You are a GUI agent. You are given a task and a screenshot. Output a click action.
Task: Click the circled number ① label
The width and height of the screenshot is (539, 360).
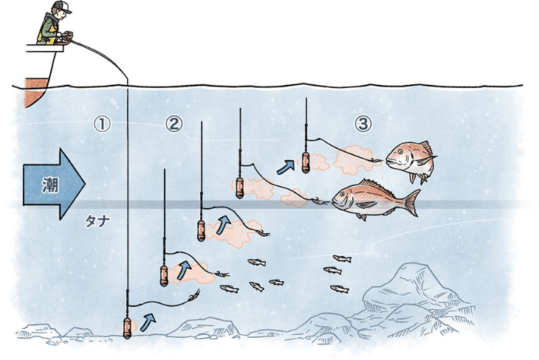tap(102, 124)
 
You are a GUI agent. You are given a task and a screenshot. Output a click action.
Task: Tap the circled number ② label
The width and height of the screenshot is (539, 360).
tap(174, 124)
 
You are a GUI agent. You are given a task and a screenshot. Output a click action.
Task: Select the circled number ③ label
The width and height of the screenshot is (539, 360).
tap(363, 124)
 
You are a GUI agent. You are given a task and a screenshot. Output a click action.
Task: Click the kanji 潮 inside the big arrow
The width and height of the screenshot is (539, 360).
tap(50, 185)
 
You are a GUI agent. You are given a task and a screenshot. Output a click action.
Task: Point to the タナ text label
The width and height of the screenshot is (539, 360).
tap(97, 222)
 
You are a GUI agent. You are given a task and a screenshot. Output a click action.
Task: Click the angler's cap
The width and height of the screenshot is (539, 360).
tap(61, 6)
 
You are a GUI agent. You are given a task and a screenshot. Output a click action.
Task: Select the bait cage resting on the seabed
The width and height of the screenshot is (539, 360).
tap(127, 328)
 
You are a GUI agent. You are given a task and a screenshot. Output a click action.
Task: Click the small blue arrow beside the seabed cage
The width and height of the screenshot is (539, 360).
tap(148, 322)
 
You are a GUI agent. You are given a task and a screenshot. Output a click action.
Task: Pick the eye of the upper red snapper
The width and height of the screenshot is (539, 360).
tap(400, 151)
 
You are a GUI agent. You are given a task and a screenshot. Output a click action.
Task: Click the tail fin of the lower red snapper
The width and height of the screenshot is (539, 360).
tap(412, 203)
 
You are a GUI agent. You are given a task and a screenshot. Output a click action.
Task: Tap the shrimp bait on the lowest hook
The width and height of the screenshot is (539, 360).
tap(194, 295)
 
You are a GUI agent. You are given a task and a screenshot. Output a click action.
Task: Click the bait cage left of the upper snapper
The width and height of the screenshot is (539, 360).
tap(306, 162)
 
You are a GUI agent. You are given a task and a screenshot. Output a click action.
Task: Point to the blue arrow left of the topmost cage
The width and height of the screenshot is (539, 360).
tap(286, 167)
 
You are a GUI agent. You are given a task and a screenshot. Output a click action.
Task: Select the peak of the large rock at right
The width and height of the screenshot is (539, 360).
tap(416, 265)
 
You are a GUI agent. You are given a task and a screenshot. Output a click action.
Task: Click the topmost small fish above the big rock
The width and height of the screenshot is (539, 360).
tap(342, 258)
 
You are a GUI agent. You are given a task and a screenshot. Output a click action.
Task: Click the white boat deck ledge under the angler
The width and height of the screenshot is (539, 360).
tap(45, 48)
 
